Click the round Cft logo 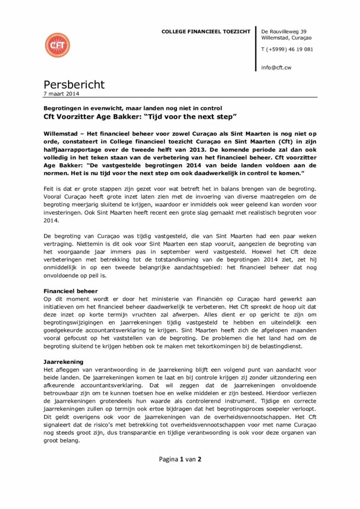(57, 45)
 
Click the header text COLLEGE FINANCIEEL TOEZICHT (206, 32)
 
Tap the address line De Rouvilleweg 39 (283, 31)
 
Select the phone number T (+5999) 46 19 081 (287, 49)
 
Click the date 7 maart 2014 (61, 93)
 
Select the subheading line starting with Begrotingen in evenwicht (132, 107)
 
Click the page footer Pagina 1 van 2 (180, 459)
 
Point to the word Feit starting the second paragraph (49, 189)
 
